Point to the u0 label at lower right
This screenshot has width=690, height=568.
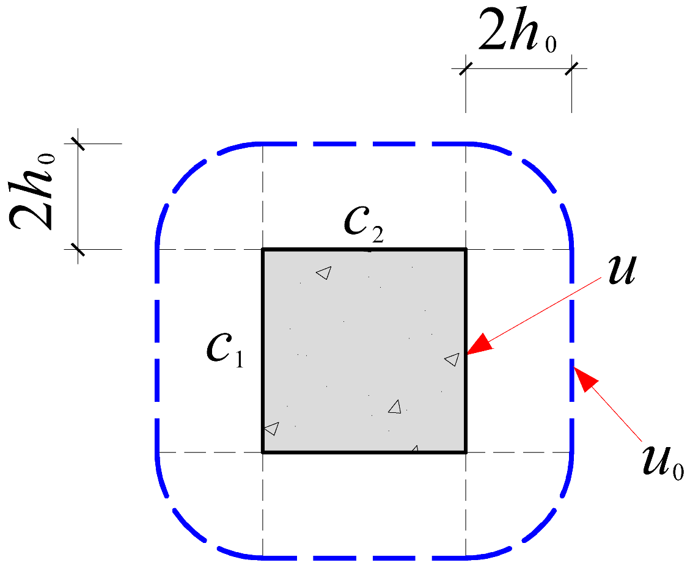[662, 463]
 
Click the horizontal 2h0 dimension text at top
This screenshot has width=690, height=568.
[517, 38]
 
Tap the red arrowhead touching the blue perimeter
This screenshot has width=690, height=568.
[585, 376]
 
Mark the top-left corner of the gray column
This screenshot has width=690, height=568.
[263, 249]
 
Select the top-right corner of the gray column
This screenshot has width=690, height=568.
[466, 249]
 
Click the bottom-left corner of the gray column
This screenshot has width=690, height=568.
[263, 452]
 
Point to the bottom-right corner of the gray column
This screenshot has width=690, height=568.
[466, 452]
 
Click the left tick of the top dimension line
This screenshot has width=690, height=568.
[466, 68]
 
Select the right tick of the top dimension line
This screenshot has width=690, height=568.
[572, 68]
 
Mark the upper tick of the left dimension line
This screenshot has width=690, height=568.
[79, 144]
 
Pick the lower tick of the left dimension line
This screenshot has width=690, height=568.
[79, 249]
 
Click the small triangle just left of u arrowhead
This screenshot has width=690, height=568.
[452, 360]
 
